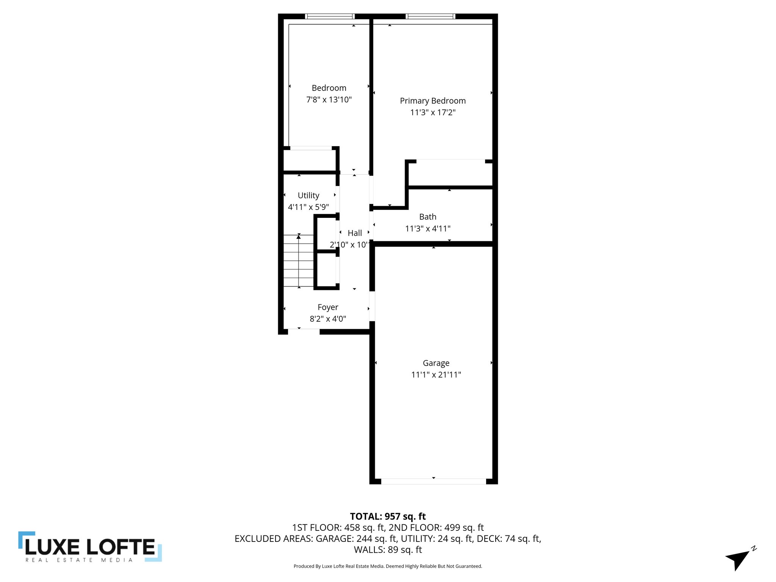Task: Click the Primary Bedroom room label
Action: tap(433, 101)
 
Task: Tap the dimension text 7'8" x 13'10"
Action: tap(329, 100)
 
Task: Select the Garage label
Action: tap(436, 363)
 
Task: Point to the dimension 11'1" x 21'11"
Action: tap(436, 375)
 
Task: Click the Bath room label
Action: tap(428, 217)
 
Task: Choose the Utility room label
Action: tap(308, 196)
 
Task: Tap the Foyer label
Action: tap(328, 307)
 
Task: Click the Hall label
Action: tap(355, 233)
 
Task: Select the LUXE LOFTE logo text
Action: tap(90, 547)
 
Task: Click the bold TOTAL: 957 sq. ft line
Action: tap(388, 516)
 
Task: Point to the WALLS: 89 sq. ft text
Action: tap(388, 550)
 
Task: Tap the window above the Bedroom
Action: tap(330, 16)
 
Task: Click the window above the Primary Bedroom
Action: tap(430, 16)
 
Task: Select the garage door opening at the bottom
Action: tap(433, 481)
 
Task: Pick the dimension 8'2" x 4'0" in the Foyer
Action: tap(328, 319)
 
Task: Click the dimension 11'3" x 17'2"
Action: tap(433, 113)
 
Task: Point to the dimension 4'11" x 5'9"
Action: tap(308, 207)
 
